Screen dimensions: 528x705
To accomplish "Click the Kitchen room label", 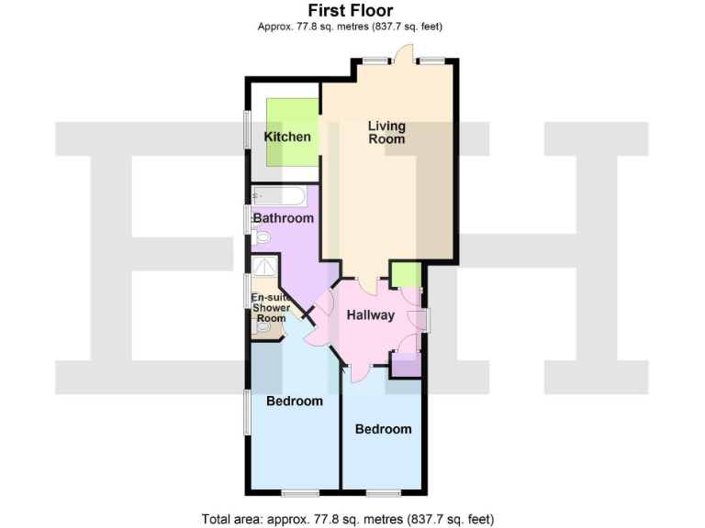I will pos(287,137).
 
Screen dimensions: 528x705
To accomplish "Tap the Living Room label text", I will pos(386,132).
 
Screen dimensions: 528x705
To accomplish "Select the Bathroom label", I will pos(283,218).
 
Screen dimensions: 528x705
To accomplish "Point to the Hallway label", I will pos(370,315).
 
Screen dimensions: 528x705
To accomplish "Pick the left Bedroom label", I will pos(295,401).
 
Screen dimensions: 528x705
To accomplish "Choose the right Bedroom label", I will pos(384,428).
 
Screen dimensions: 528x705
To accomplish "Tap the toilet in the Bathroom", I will pos(263,237).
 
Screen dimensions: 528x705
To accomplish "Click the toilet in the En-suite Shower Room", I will pos(265,325).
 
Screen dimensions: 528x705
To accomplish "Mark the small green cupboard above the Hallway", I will pos(406,274).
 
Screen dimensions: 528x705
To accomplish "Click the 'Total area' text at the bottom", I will pos(353,518).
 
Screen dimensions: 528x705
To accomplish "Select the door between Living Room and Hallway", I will pos(368,285).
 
